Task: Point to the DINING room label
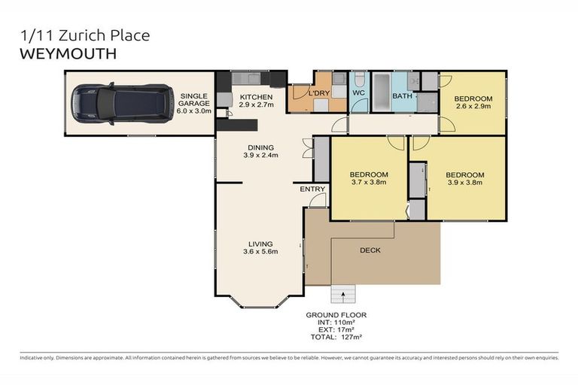pos(260,147)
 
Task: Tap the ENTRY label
pos(312,189)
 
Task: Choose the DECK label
pos(370,250)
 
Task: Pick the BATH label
pos(402,96)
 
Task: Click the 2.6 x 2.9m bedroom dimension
pos(473,108)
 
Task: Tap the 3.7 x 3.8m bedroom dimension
pos(369,181)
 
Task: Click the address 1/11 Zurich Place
pos(84,35)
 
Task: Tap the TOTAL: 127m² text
pos(336,338)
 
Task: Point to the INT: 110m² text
pos(336,323)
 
